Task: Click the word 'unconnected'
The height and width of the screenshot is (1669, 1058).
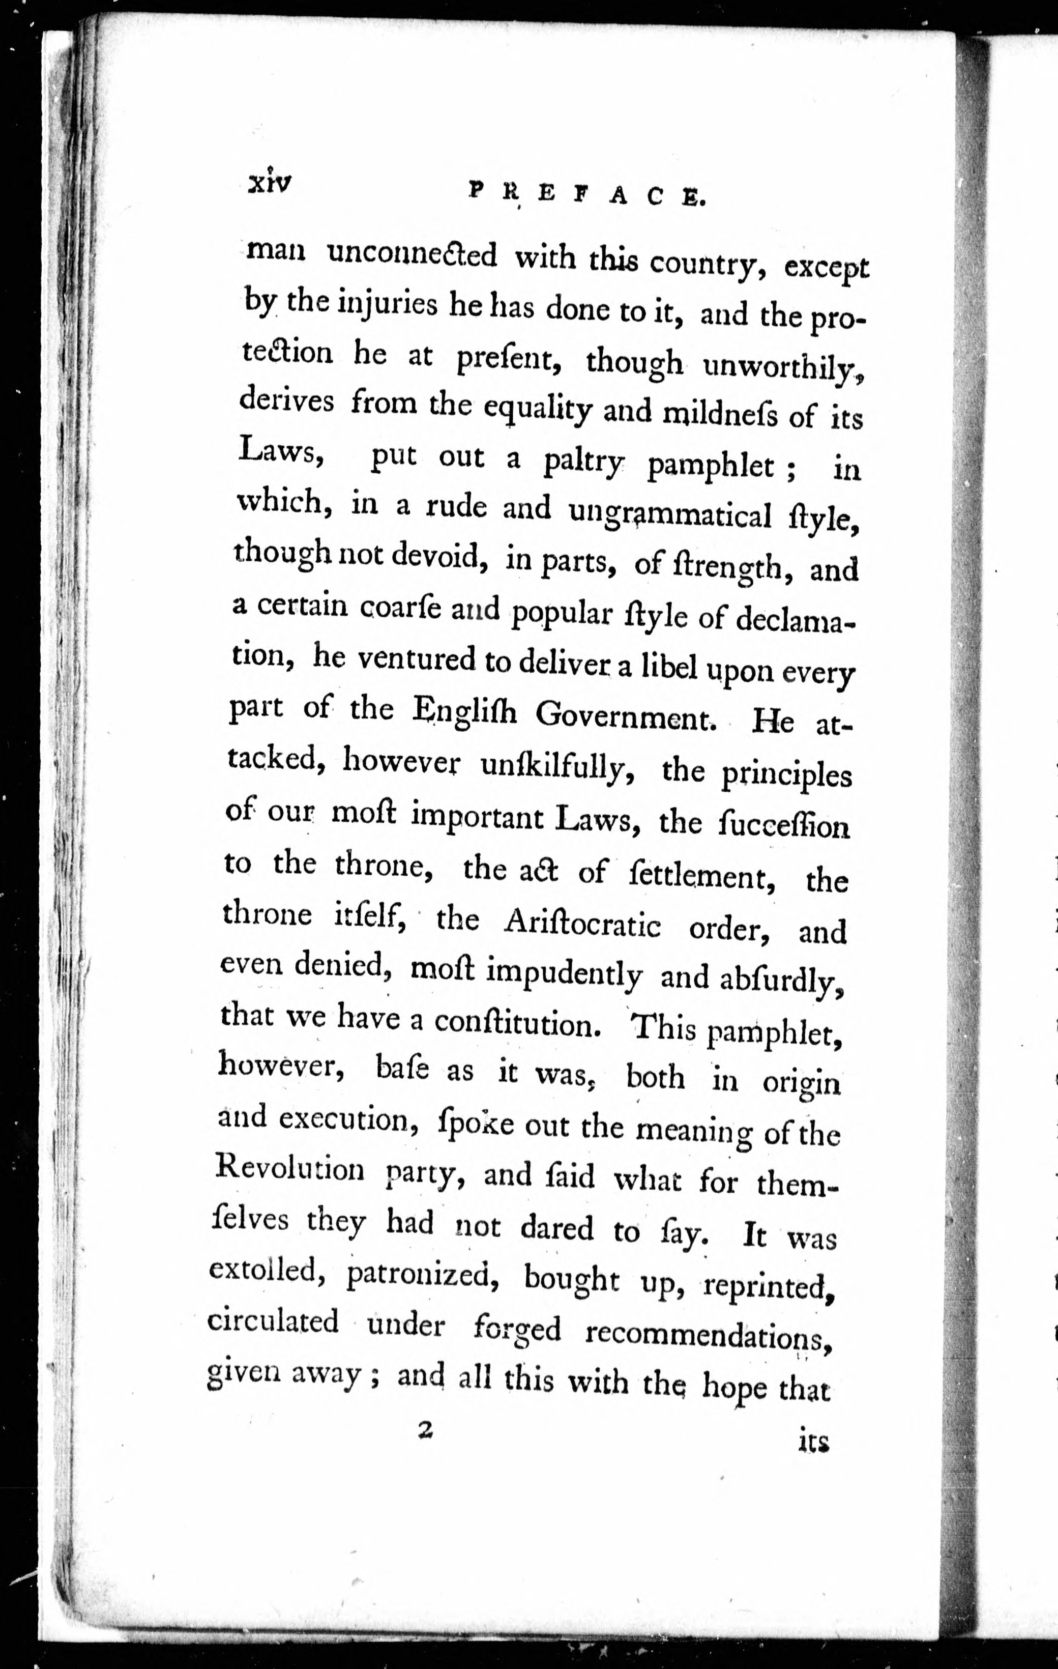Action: [x=412, y=256]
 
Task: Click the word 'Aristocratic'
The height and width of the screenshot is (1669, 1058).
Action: [x=583, y=925]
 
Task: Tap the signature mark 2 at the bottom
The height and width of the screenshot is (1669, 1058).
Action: [x=425, y=1429]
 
